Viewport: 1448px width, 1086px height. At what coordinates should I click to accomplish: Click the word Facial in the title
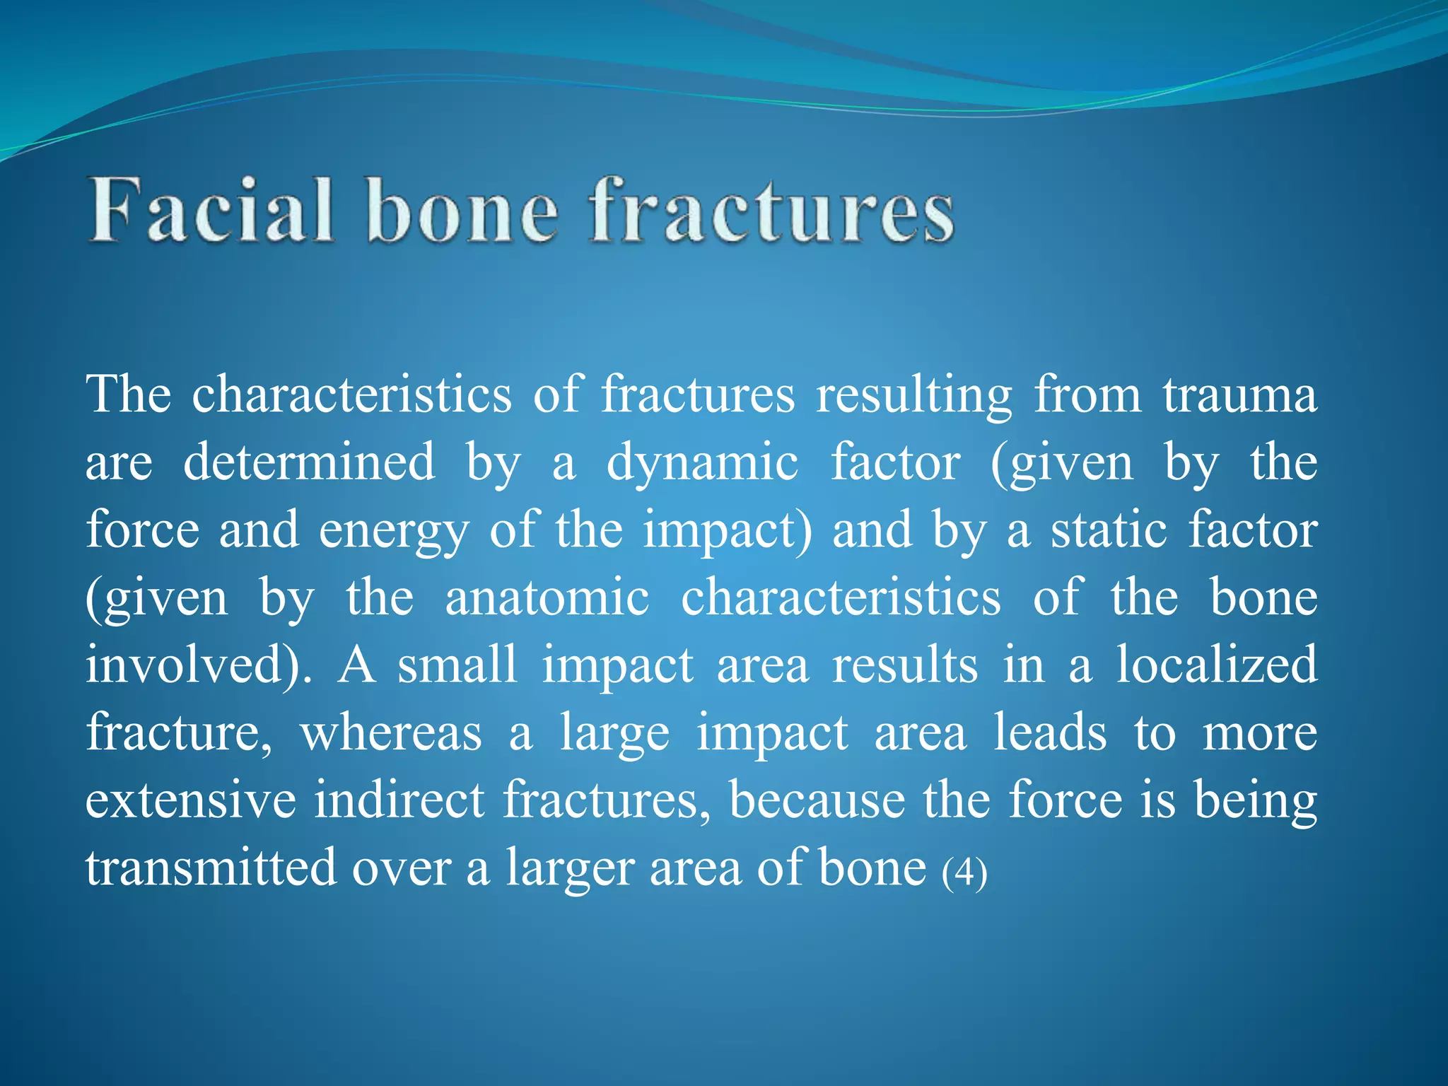(x=211, y=211)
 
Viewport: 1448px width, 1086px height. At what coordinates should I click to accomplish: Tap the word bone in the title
(x=462, y=211)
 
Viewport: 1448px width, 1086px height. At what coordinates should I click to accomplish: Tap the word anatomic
(x=547, y=598)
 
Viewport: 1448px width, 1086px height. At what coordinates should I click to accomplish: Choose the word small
(x=457, y=665)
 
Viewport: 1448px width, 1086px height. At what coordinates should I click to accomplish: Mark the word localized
(x=1216, y=665)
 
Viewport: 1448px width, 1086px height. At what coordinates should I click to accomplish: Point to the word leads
(x=1050, y=732)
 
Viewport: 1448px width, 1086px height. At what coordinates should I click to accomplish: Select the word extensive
(x=191, y=800)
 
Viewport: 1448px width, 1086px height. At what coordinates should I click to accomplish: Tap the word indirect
(x=399, y=800)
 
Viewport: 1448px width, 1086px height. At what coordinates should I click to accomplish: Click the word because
(x=817, y=800)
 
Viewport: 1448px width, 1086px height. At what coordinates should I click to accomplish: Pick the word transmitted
(x=211, y=868)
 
